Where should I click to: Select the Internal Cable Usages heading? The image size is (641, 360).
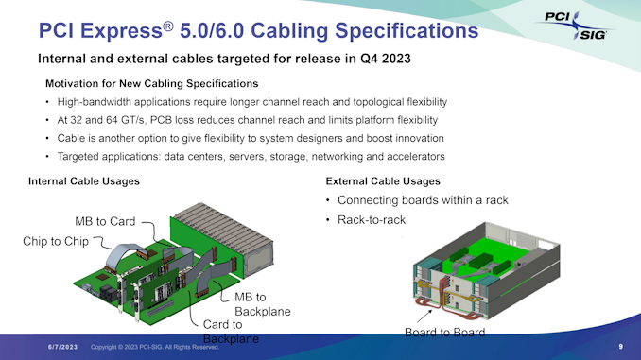(x=84, y=180)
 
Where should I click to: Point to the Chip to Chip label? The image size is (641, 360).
(x=55, y=241)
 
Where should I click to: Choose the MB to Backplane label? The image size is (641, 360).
(x=262, y=304)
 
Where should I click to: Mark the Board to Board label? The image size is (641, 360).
(x=444, y=334)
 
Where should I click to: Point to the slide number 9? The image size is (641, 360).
(x=620, y=347)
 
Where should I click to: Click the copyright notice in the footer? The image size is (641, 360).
(x=155, y=347)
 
